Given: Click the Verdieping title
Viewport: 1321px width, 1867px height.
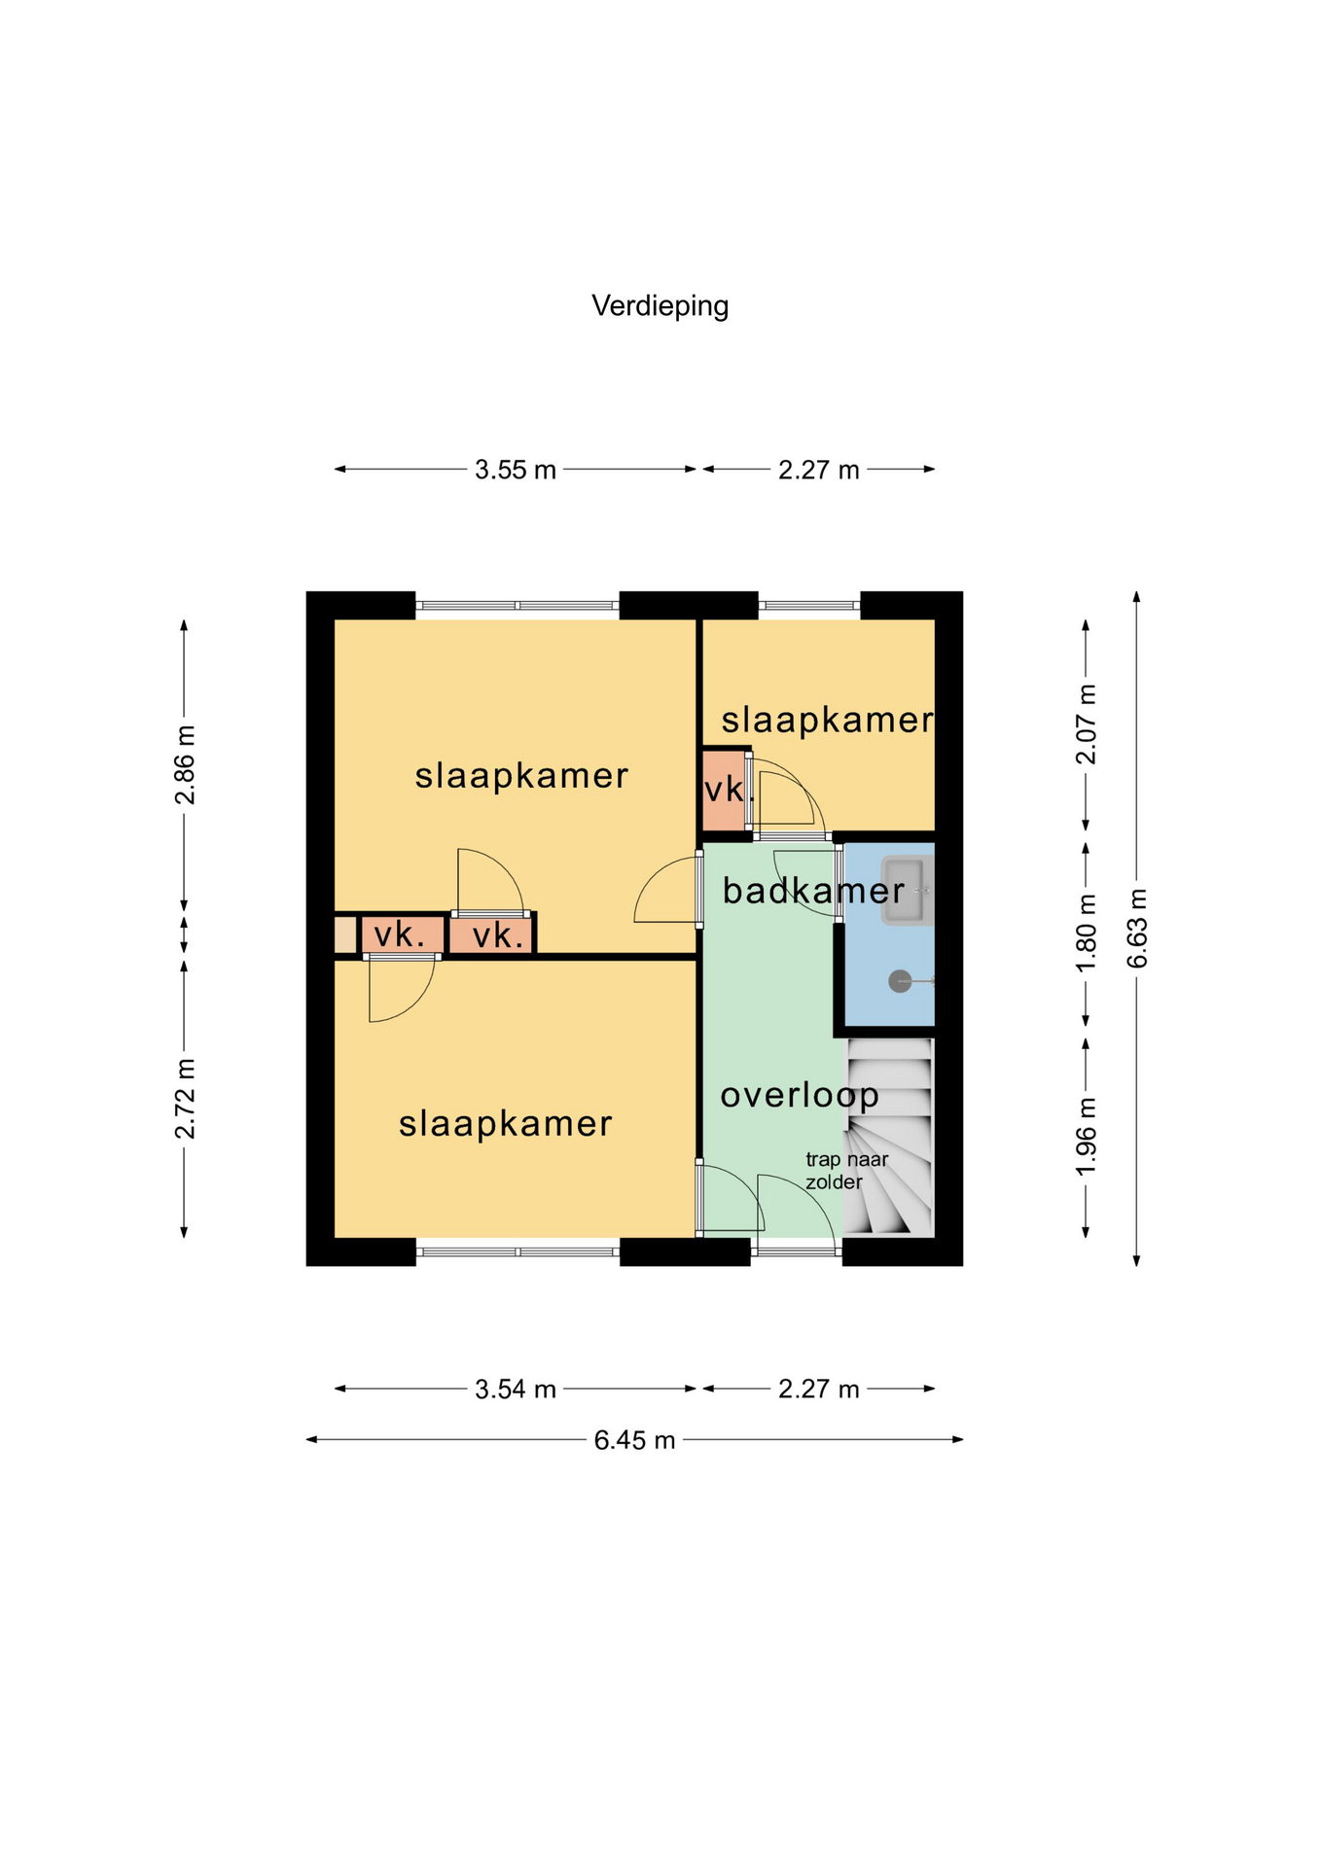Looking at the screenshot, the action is pos(660,306).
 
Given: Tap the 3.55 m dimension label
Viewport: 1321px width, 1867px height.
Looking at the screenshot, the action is pos(515,471).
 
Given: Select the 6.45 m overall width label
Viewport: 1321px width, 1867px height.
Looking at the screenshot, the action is pos(634,1440).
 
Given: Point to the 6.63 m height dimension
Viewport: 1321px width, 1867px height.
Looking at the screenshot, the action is pos(1137,928).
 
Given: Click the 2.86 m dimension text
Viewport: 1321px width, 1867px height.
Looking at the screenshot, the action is pos(185,764).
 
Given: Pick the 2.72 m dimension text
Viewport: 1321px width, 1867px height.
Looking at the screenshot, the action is pos(185,1099).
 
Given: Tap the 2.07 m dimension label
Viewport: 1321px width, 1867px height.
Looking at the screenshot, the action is pos(1087,724).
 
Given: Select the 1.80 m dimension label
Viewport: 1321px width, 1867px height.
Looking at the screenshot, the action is pos(1087,932).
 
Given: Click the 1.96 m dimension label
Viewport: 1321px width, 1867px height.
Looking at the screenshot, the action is pos(1087,1136).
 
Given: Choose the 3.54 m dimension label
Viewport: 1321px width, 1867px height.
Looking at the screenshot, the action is pos(515,1390).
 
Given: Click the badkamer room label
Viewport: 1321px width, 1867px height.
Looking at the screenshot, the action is pos(813,891).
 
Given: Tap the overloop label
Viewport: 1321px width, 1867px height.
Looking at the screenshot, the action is pos(800,1097).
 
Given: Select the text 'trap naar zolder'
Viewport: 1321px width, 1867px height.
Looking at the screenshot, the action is pos(846,1171).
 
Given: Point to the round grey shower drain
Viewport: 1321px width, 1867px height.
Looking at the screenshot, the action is pos(900,982).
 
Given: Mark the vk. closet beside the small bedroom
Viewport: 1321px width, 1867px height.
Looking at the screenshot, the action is pos(723,790).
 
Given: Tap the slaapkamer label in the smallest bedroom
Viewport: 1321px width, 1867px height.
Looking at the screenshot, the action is pos(827,721).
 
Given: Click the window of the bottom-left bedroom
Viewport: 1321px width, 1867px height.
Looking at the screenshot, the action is pos(518,1251).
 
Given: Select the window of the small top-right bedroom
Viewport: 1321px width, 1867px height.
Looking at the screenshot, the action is pos(809,606).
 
